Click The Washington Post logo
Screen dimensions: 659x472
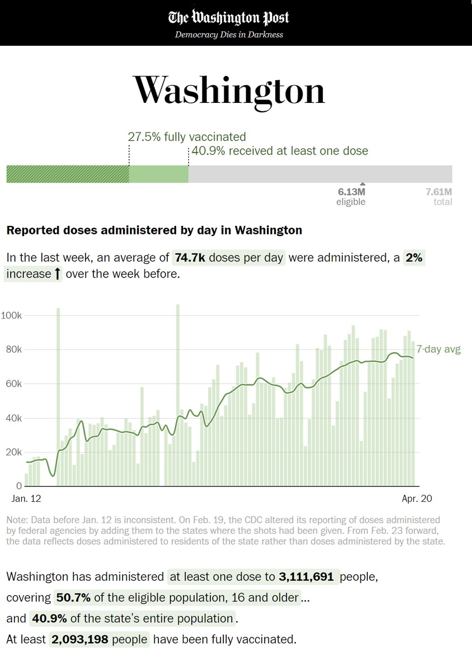point(229,17)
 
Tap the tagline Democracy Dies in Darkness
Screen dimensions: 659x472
point(229,35)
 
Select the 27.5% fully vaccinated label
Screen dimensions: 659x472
point(187,137)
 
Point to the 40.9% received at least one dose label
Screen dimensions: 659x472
point(280,151)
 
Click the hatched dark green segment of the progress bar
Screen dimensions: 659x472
point(68,174)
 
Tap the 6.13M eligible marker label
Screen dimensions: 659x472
point(351,196)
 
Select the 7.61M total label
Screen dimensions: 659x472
point(439,196)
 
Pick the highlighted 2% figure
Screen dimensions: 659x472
point(414,258)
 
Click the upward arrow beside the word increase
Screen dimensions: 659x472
point(57,274)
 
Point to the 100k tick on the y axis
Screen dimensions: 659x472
point(12,315)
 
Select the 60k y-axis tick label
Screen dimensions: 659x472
point(14,384)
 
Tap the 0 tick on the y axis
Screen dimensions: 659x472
point(19,486)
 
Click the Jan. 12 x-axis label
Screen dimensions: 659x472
point(26,499)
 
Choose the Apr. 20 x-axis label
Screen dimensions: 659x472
point(417,499)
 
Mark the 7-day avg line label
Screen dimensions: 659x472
point(439,349)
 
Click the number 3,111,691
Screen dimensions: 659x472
point(306,577)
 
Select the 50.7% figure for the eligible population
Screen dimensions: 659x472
point(73,598)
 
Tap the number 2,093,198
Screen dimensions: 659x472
point(80,639)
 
